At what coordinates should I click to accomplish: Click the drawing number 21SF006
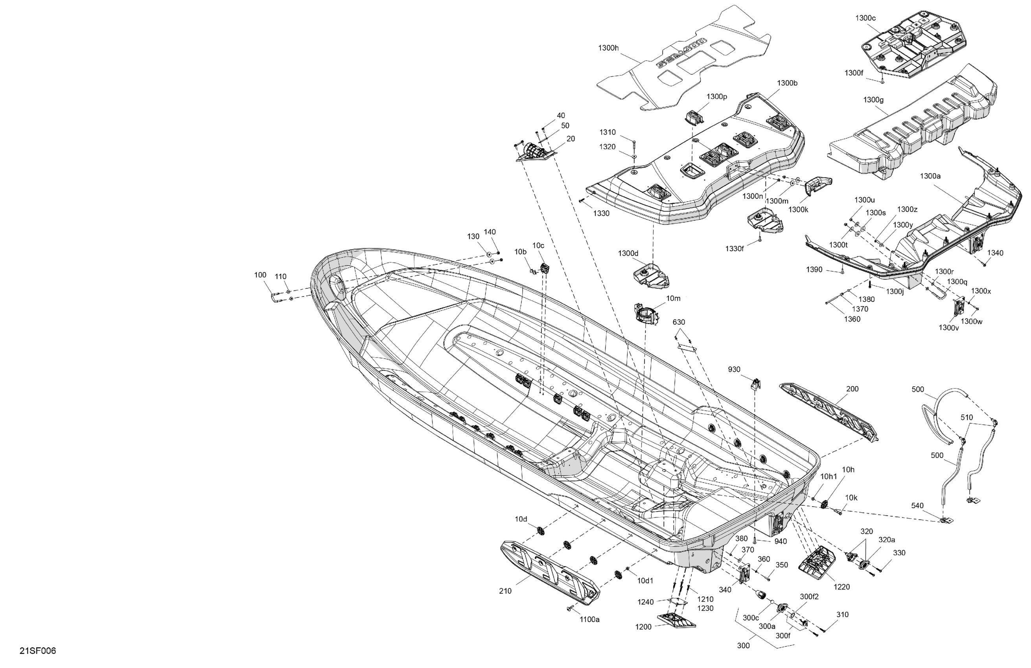click(38, 651)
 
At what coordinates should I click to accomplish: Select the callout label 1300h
click(608, 48)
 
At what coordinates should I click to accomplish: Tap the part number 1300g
click(873, 100)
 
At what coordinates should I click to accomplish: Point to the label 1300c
click(865, 18)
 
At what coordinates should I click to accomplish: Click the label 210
click(505, 591)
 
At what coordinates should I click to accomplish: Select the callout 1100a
click(589, 620)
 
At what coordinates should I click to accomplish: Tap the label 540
click(917, 505)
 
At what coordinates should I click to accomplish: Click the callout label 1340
click(995, 253)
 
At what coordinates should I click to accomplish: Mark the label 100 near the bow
click(260, 275)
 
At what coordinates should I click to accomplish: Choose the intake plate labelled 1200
click(676, 620)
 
